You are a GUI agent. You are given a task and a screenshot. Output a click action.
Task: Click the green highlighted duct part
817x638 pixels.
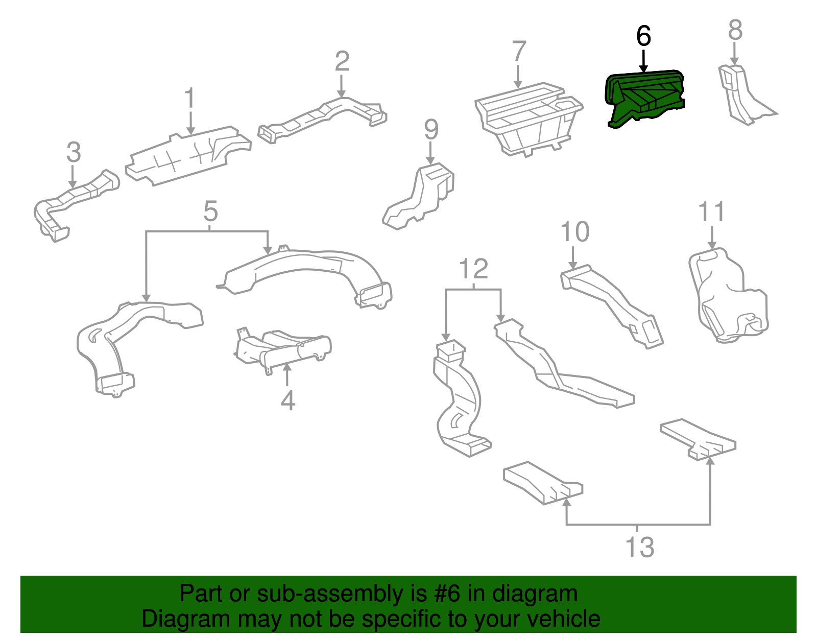point(644,97)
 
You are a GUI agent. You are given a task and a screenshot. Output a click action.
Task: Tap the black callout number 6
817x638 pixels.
point(643,36)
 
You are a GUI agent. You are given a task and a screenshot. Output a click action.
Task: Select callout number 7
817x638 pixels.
point(518,51)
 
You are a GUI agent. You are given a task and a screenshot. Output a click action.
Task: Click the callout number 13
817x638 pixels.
point(639,547)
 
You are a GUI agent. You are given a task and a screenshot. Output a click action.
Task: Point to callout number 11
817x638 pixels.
point(711,211)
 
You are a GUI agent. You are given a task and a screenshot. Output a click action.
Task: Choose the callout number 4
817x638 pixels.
point(288,400)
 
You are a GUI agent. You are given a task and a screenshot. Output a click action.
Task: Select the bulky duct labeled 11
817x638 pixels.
point(725,296)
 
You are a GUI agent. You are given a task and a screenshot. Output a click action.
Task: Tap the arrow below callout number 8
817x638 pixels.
point(734,54)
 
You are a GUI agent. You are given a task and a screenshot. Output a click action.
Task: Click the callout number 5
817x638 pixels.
point(210,211)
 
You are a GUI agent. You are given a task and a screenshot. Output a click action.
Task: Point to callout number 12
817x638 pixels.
point(473,269)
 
